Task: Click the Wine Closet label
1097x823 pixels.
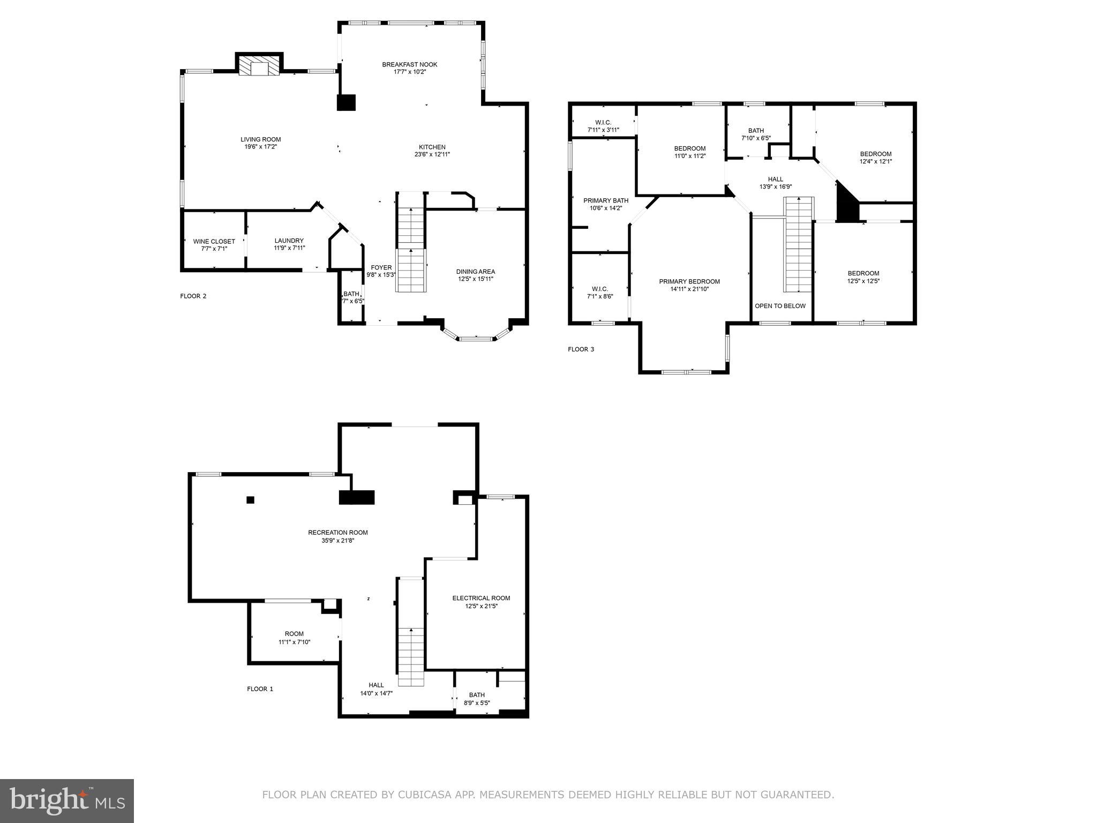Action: point(214,242)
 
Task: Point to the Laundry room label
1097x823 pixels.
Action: point(289,241)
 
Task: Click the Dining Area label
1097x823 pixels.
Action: point(475,272)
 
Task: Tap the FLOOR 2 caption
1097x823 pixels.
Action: point(193,296)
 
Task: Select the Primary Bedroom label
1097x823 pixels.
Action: point(689,282)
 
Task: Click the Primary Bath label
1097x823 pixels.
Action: point(605,201)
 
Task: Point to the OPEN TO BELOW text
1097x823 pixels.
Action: point(779,306)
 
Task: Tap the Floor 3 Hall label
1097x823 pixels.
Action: point(775,179)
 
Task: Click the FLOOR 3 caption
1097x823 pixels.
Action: point(581,350)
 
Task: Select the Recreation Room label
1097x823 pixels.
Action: point(337,533)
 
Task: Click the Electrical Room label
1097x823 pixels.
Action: point(480,598)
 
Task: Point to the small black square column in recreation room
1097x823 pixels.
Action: point(250,500)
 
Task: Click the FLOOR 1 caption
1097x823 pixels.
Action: point(260,689)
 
